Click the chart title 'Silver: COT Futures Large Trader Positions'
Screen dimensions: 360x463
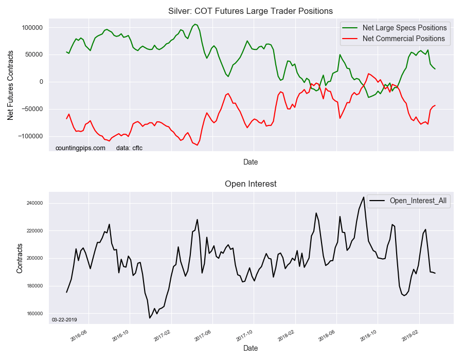251,11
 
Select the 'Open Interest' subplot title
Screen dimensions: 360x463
251,184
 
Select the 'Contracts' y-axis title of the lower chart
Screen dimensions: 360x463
20,258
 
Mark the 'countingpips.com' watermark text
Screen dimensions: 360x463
80,148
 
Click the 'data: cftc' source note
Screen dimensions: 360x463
129,148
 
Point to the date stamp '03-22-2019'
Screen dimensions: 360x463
64,319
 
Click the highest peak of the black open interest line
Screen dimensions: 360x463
364,197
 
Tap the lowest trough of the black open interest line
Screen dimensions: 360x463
150,318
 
